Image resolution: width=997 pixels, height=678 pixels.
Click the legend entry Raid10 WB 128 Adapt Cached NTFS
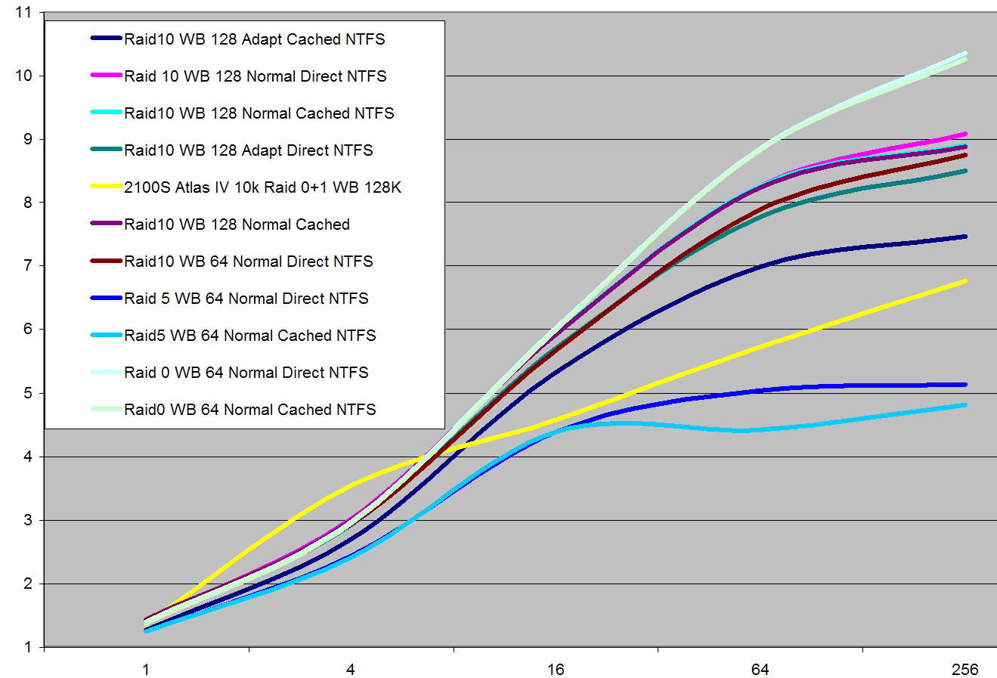pos(254,39)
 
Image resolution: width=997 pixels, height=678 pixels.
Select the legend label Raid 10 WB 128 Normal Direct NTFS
pos(255,76)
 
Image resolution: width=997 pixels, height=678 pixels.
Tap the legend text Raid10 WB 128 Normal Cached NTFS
pos(259,113)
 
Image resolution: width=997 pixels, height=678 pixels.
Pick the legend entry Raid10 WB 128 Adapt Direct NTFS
pos(248,150)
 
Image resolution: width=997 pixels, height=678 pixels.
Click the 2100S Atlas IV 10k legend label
pos(262,187)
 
